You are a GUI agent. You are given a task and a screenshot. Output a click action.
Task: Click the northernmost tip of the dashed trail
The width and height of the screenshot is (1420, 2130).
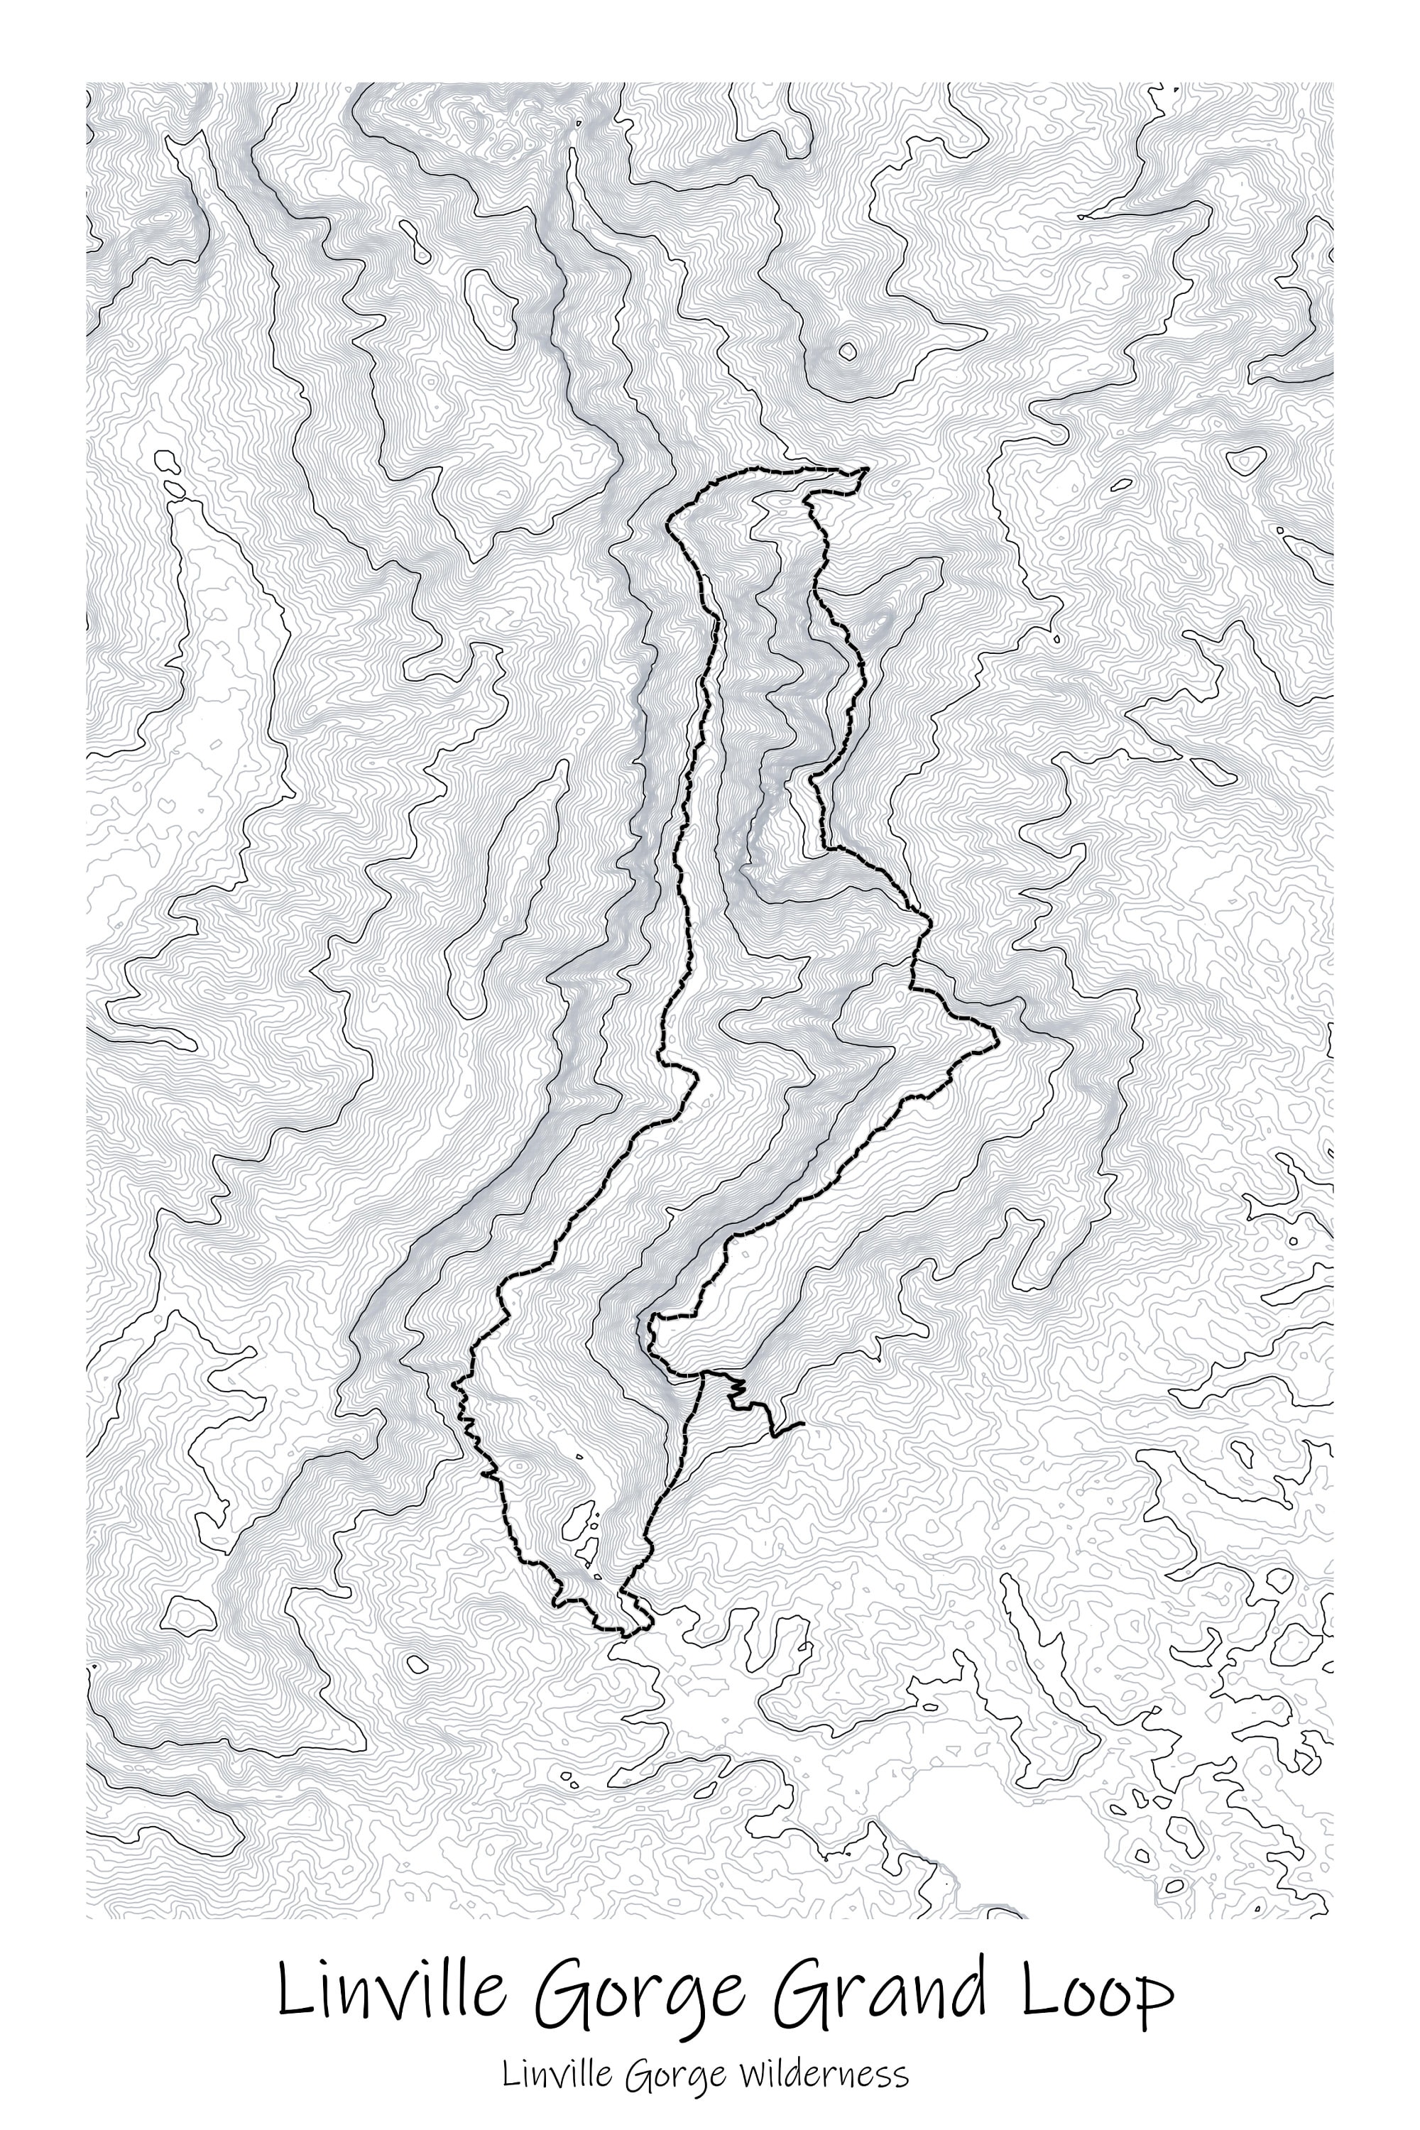pos(867,469)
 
